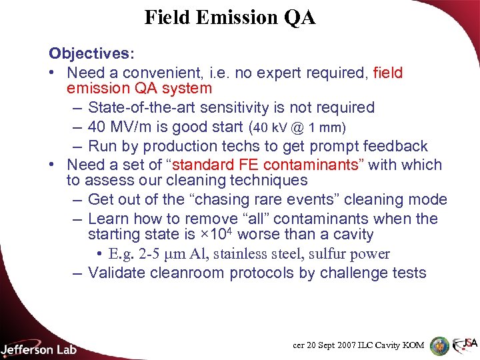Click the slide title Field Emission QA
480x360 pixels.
pyautogui.click(x=230, y=17)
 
